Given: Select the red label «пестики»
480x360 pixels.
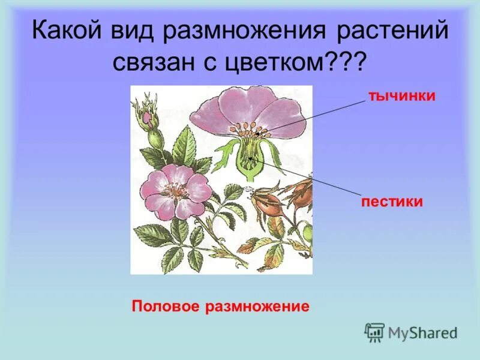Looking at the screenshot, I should point(392,202).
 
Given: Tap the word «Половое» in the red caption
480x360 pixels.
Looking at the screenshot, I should point(166,307).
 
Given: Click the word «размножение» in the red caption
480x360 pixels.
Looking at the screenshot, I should point(257,307).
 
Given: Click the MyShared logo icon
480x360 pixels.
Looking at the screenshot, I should point(375,332).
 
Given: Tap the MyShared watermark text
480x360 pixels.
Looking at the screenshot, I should point(422,332).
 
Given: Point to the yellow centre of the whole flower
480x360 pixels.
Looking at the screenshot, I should point(175,190).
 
